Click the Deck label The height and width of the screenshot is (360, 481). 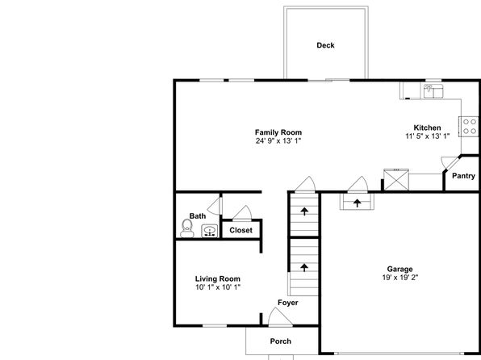[x=325, y=45]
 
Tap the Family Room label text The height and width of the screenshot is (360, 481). [x=278, y=132]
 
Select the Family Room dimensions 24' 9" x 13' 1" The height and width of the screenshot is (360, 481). [x=278, y=141]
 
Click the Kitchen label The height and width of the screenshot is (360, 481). [x=427, y=128]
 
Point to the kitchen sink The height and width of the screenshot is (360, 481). [x=433, y=91]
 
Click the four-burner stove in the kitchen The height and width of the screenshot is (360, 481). [x=468, y=127]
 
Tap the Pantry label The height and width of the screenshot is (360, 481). [x=463, y=176]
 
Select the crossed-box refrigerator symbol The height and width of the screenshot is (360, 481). [x=396, y=179]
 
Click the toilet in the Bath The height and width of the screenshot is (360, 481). [x=186, y=228]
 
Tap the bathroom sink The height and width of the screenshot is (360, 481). [x=210, y=231]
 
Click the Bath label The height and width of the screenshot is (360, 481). [x=198, y=216]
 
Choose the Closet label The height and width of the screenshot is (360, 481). [x=240, y=230]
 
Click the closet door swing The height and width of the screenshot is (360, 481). [x=242, y=213]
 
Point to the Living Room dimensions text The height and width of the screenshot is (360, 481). [x=218, y=287]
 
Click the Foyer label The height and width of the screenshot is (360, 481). [x=288, y=303]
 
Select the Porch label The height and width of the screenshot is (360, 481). [x=281, y=341]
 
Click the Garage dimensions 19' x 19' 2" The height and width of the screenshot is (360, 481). [x=400, y=278]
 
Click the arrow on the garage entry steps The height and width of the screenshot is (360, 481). [x=357, y=203]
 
